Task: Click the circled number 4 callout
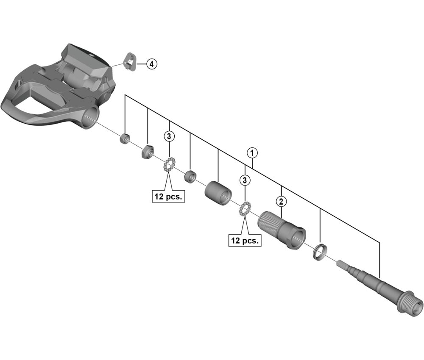pos(151,64)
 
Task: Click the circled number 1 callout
pos(253,152)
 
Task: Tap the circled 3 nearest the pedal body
pos(169,136)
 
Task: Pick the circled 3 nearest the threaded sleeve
pos(245,180)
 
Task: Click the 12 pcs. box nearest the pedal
pos(169,197)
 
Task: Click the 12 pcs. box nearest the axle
pos(245,241)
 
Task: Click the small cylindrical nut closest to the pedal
pos(125,138)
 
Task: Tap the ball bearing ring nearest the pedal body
pos(169,164)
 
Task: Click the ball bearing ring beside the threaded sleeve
pos(245,209)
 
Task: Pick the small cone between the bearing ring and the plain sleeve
pos(190,175)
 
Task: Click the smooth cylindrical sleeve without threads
pos(219,191)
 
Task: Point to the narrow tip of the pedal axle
pos(342,264)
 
